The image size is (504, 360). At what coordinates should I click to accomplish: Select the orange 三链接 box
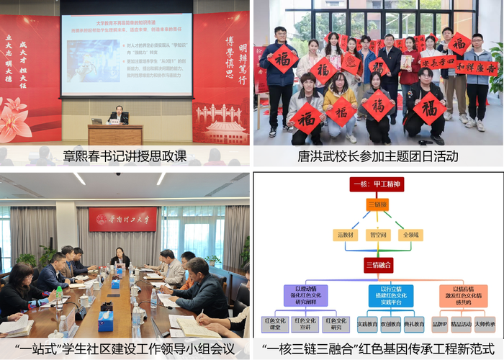[377, 205]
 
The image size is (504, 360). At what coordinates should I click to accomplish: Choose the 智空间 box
[378, 235]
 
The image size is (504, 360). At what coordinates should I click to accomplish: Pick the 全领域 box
[412, 235]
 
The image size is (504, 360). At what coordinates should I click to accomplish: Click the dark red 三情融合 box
[377, 265]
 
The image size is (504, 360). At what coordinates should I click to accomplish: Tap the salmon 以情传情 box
[462, 296]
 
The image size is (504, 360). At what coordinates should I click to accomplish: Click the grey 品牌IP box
[440, 324]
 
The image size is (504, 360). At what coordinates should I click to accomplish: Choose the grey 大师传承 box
[485, 324]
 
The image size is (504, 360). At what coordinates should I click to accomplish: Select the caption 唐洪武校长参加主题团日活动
[377, 156]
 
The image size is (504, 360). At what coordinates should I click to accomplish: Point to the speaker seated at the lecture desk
[116, 115]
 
